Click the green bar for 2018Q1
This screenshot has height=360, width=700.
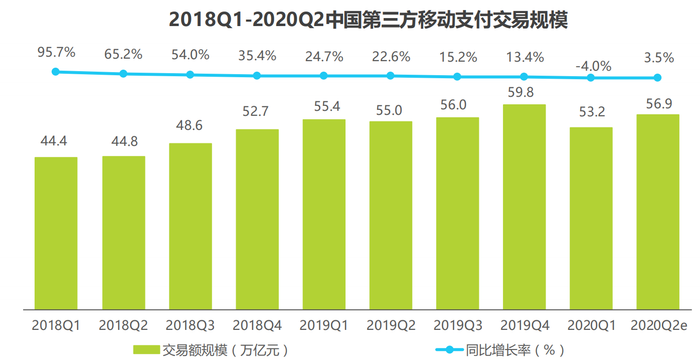click(56, 233)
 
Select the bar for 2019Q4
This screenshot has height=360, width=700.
click(524, 207)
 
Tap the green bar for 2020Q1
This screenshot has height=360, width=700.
click(591, 218)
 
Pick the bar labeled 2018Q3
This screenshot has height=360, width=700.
click(190, 226)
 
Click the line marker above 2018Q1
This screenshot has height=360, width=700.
click(56, 72)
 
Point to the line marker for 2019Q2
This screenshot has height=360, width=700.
click(390, 76)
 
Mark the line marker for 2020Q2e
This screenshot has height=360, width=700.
click(657, 78)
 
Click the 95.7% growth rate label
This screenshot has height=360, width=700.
click(56, 52)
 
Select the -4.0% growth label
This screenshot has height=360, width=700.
click(593, 66)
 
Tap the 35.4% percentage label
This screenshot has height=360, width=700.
click(257, 56)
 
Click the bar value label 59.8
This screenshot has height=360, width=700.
click(524, 92)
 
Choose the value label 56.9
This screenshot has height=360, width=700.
click(658, 103)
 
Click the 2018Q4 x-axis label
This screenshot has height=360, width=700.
click(257, 325)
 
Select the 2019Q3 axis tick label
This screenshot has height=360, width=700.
click(457, 325)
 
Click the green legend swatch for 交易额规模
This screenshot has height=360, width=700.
click(146, 349)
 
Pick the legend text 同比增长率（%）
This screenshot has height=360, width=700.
click(514, 349)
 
